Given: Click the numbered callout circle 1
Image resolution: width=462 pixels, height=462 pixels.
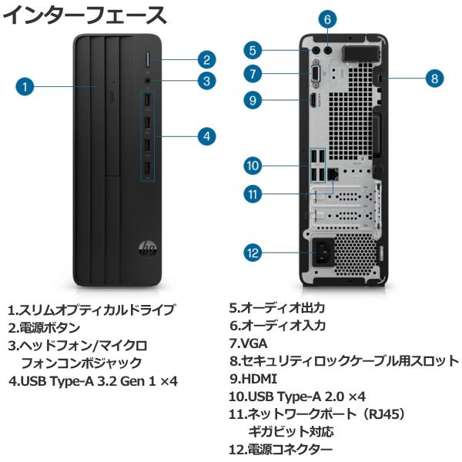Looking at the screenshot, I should [26, 87].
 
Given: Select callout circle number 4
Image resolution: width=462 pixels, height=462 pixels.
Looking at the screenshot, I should [206, 136].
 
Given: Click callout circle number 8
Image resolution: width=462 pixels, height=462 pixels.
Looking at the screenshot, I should [434, 77].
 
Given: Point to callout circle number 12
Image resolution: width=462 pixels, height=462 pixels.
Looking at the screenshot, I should [255, 251].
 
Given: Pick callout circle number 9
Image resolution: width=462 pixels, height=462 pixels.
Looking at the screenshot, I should [255, 99].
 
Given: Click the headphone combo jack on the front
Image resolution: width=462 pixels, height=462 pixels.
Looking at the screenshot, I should [147, 79].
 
